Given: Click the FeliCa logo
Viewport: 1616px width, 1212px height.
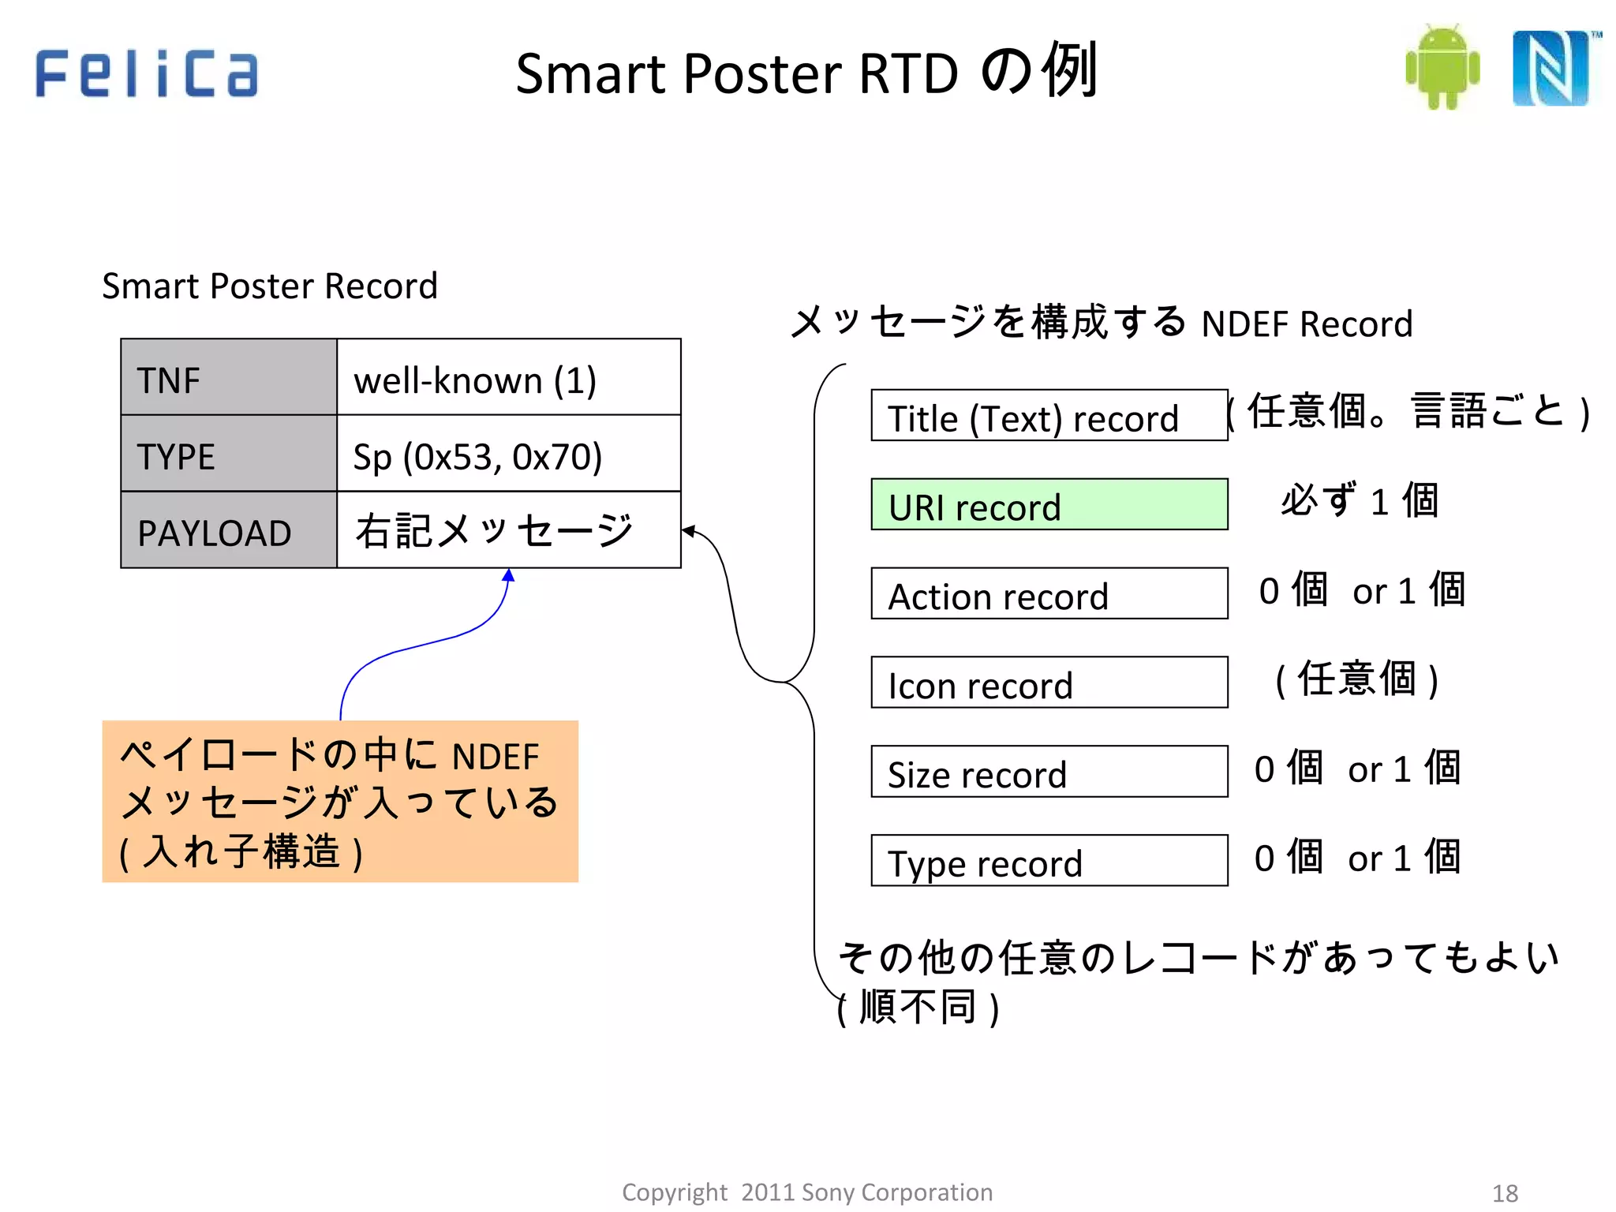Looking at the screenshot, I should (147, 73).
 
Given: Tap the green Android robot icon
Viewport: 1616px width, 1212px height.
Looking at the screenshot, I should (1442, 67).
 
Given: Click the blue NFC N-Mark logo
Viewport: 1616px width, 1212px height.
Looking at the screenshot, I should (1552, 69).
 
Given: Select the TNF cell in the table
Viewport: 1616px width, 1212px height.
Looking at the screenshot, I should (229, 378).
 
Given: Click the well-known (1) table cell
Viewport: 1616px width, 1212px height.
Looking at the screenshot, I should (509, 378).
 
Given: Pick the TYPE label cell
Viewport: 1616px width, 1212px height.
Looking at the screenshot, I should (229, 454).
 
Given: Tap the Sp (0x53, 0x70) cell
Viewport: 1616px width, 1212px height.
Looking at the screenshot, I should (509, 454).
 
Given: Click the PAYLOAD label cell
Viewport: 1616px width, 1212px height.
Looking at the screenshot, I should (229, 531).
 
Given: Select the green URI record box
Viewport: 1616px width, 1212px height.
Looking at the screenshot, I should (1049, 505).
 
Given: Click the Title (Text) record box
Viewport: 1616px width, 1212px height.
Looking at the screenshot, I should (1049, 416).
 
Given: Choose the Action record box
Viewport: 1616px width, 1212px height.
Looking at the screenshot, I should (1049, 594).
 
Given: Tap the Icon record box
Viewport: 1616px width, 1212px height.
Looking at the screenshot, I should (1049, 683).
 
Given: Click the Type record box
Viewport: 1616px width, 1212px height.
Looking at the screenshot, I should (1049, 861).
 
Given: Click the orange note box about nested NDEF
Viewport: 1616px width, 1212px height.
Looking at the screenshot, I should (340, 802).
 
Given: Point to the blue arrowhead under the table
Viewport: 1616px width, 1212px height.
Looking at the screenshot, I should (509, 576).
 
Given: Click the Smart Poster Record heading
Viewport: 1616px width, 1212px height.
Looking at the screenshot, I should (270, 286).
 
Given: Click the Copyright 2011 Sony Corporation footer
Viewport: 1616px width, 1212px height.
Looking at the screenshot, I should (807, 1192).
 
